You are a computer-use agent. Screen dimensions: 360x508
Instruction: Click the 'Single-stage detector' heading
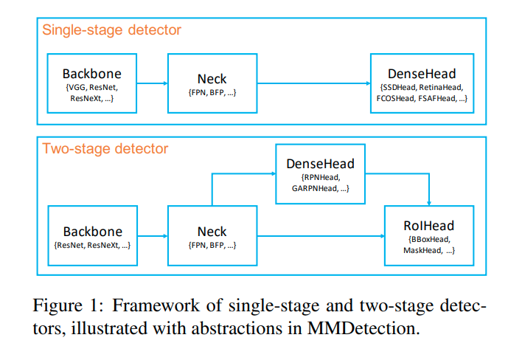click(111, 30)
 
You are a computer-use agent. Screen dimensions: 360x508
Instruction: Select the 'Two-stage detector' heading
click(105, 149)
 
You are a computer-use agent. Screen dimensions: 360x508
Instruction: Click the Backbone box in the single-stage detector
click(91, 83)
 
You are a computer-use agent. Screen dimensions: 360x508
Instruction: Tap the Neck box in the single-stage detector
click(212, 83)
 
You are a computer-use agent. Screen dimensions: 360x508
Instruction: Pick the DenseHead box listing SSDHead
click(422, 83)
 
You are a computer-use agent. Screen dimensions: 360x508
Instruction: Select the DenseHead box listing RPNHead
click(320, 174)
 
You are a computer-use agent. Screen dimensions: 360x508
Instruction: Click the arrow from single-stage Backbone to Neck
click(152, 83)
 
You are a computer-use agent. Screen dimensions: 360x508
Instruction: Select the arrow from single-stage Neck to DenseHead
click(313, 83)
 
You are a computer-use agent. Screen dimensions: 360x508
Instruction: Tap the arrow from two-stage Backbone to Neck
click(152, 236)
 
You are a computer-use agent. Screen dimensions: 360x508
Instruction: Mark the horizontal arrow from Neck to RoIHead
click(320, 236)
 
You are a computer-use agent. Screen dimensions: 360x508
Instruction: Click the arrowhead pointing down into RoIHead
click(430, 203)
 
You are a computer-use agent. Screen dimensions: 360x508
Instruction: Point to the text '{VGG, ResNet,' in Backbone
click(91, 87)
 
